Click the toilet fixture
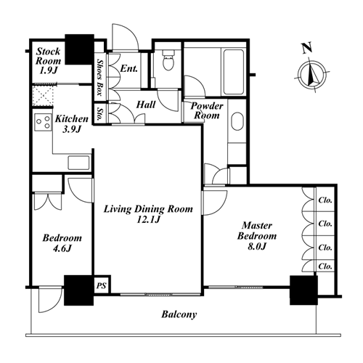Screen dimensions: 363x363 (x=168, y=60)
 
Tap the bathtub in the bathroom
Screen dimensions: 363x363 (x=233, y=72)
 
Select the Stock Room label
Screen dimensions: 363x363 (x=48, y=61)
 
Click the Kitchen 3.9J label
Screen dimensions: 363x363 (x=72, y=123)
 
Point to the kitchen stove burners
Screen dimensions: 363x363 (x=43, y=122)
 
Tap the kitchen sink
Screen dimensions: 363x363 (x=78, y=163)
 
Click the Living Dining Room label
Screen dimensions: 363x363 (x=148, y=214)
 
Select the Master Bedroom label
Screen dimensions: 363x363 (x=257, y=236)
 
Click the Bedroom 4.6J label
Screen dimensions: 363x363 (x=62, y=242)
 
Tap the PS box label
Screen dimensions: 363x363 (x=101, y=285)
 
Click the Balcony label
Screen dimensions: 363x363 (x=179, y=314)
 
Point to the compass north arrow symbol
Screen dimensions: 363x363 (x=312, y=75)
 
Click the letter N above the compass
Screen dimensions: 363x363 (x=306, y=48)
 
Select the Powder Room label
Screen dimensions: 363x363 (x=207, y=110)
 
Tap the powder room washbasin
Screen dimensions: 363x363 (x=237, y=121)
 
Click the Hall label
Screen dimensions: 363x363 (x=146, y=105)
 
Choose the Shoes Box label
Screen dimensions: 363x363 (x=99, y=77)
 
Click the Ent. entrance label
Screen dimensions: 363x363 (x=129, y=68)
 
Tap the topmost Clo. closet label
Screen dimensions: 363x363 (x=325, y=200)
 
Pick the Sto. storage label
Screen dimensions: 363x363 (x=99, y=113)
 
